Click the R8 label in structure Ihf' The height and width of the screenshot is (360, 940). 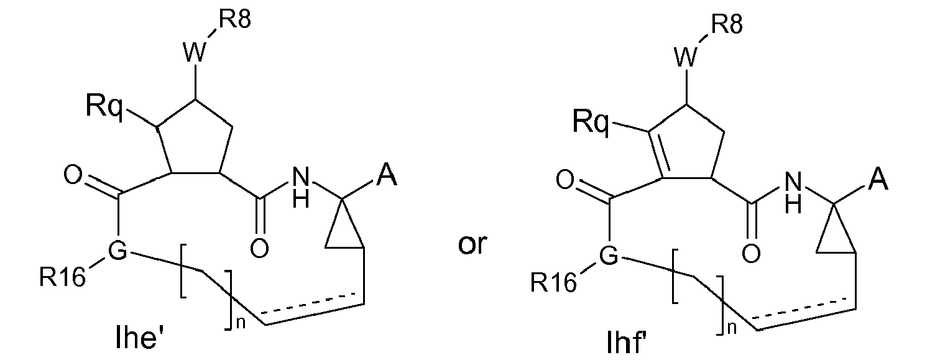tap(726, 25)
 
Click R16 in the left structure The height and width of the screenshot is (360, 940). tap(63, 279)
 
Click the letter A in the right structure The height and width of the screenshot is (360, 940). tap(878, 181)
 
